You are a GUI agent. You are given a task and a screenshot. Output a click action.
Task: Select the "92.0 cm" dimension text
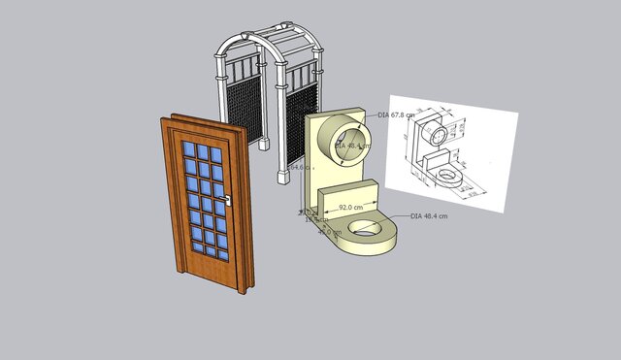pyautogui.click(x=350, y=208)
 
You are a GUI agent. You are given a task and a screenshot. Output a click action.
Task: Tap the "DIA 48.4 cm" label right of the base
pyautogui.click(x=429, y=216)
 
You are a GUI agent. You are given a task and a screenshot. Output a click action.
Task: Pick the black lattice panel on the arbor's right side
pyautogui.click(x=303, y=121)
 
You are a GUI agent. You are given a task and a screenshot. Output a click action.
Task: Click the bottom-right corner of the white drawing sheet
pyautogui.click(x=505, y=212)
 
